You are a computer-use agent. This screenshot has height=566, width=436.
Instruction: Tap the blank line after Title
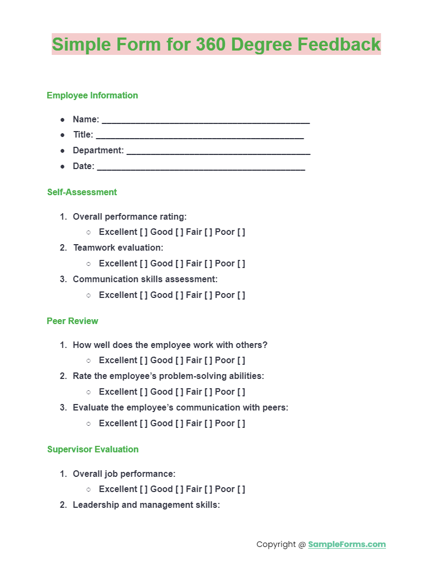[x=200, y=135]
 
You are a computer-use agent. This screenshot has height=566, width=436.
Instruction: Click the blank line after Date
[x=201, y=167]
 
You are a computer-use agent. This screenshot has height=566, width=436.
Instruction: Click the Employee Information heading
[x=92, y=96]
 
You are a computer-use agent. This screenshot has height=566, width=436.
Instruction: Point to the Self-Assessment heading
[x=82, y=192]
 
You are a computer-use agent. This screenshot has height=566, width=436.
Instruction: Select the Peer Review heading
[x=72, y=321]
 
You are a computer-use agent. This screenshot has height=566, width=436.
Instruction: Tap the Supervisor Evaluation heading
[x=93, y=449]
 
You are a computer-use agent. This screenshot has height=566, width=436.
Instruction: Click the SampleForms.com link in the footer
[x=347, y=544]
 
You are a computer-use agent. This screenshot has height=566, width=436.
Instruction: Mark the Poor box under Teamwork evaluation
[x=241, y=264]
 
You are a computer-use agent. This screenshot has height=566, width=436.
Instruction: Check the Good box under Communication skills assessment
[x=179, y=295]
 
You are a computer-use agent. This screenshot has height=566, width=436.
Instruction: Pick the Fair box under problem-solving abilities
[x=208, y=392]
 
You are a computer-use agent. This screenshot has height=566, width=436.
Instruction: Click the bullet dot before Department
[x=63, y=151]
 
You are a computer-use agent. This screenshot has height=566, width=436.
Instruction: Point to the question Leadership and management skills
[x=146, y=505]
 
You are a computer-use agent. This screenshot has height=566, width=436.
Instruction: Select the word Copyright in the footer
[x=276, y=544]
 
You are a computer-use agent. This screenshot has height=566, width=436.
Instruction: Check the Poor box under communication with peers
[x=241, y=424]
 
